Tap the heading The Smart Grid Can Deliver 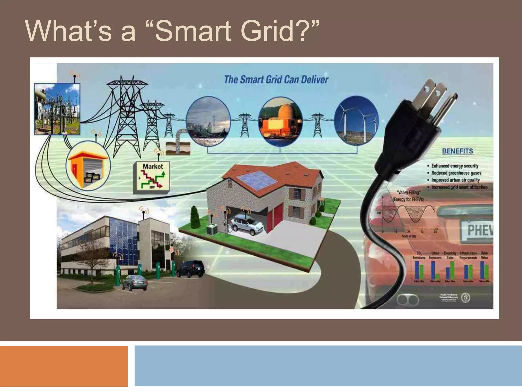[276, 80]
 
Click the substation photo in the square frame [57, 109]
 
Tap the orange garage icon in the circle [88, 165]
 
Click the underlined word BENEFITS [458, 151]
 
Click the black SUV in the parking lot [190, 268]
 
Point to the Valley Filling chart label [408, 196]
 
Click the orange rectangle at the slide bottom [64, 366]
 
